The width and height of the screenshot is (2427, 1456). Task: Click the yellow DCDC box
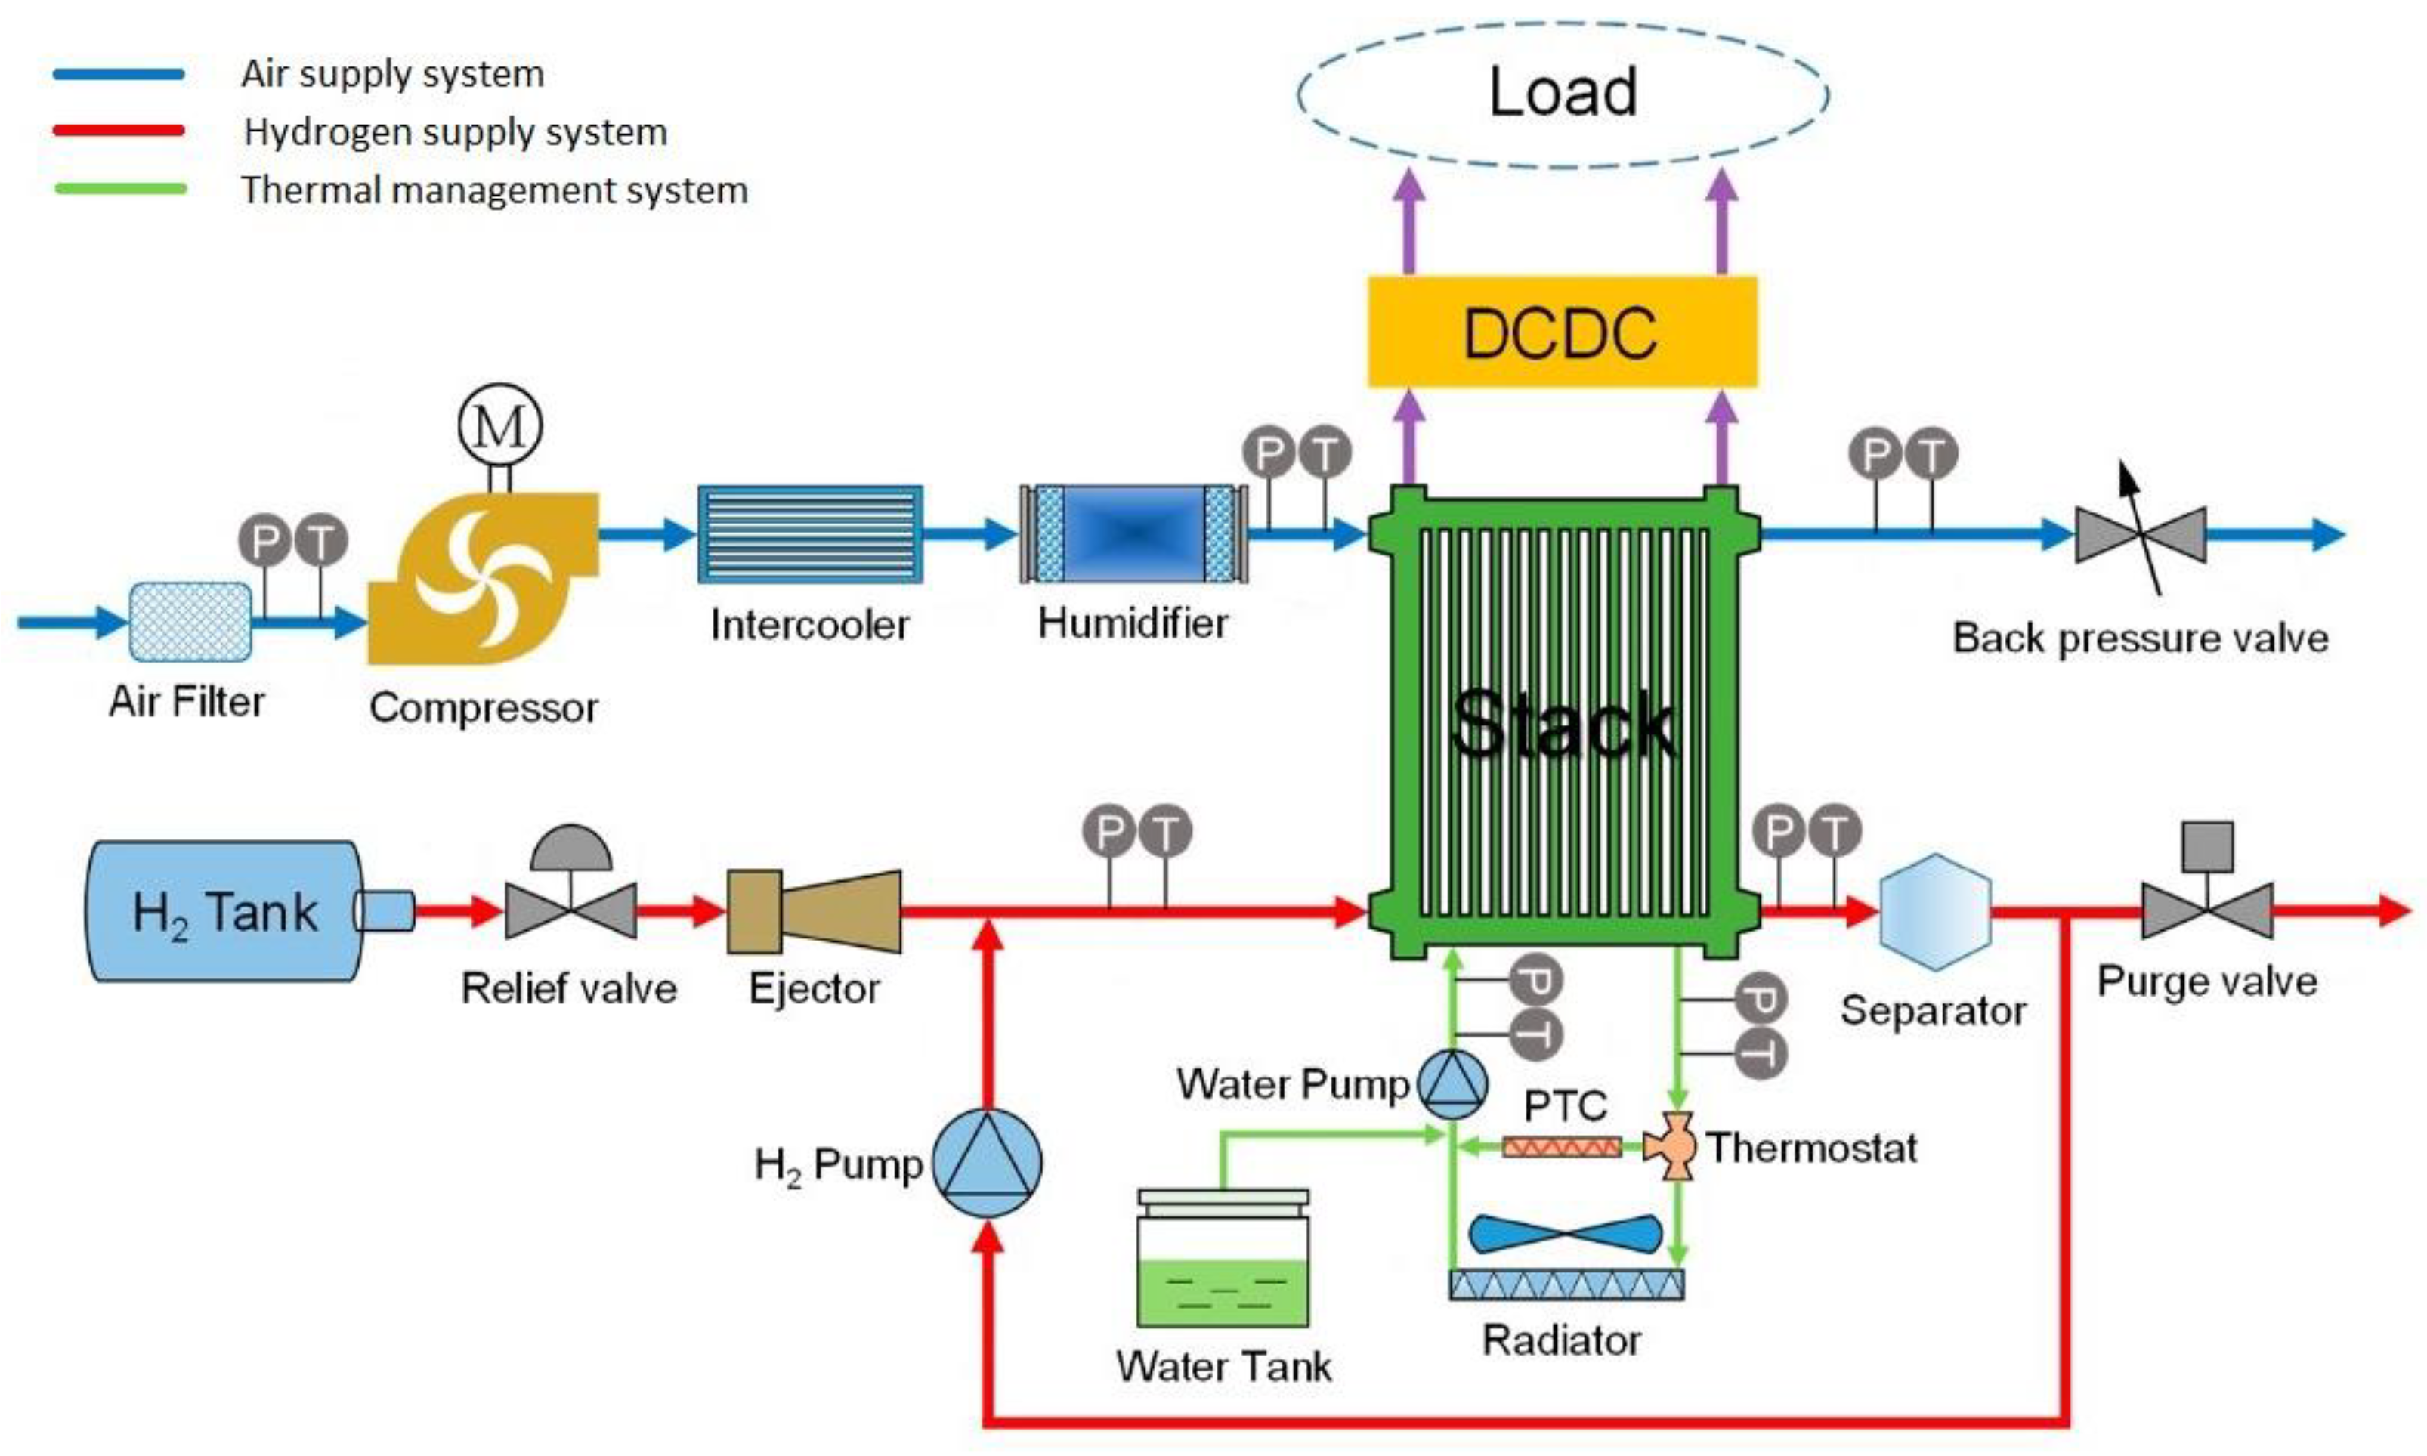[1562, 332]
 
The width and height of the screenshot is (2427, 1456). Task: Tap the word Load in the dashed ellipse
[1563, 93]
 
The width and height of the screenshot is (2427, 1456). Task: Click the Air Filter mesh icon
[190, 621]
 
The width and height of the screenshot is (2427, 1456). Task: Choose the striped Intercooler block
[809, 535]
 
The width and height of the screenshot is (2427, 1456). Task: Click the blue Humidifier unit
[1133, 535]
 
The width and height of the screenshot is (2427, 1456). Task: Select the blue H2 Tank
[226, 911]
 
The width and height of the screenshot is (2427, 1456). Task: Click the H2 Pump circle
[986, 1164]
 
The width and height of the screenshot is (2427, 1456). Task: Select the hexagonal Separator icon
[1934, 911]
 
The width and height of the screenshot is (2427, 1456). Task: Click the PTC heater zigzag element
[1562, 1146]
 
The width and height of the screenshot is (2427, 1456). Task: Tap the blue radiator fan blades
[1566, 1235]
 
